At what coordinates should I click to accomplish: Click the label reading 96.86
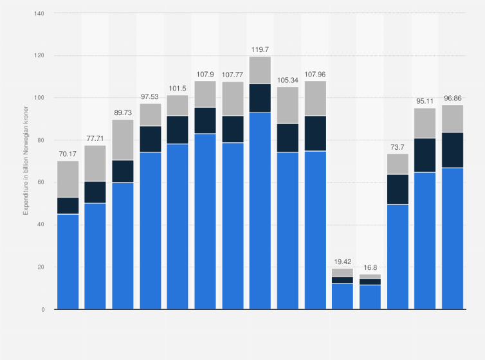pos(452,98)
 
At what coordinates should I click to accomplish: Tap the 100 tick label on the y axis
pos(40,98)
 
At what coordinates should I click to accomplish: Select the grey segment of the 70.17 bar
pos(68,179)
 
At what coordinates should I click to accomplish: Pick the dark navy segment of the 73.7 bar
pos(398,189)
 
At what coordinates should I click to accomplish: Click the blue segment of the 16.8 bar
pos(370,297)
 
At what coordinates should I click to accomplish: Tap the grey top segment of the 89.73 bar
pos(123,139)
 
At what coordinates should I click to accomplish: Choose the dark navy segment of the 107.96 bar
pos(315,133)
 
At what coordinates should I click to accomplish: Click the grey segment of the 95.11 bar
pos(425,123)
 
